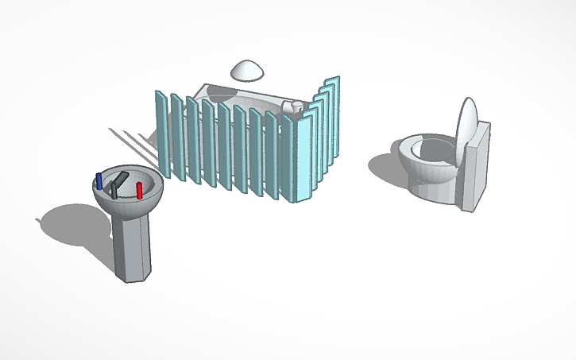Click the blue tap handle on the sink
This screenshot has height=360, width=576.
point(99,180)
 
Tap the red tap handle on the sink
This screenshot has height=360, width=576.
point(139,190)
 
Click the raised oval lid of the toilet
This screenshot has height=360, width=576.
point(468,123)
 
